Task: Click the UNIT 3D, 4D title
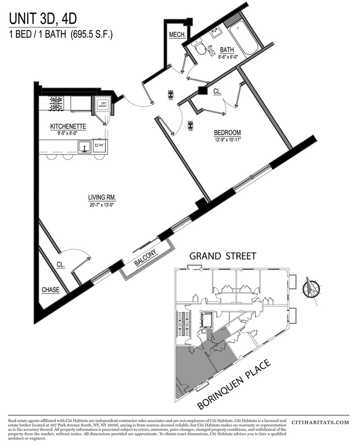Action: click(x=44, y=19)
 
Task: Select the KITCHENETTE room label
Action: click(x=68, y=127)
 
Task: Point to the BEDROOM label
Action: click(x=227, y=132)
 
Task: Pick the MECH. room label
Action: click(x=177, y=35)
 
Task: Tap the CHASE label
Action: click(x=50, y=290)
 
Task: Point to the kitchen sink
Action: click(x=83, y=147)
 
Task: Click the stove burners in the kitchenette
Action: click(x=57, y=104)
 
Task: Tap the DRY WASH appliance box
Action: click(x=103, y=105)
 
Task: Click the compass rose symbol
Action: click(x=311, y=288)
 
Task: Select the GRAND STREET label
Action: click(x=223, y=256)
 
